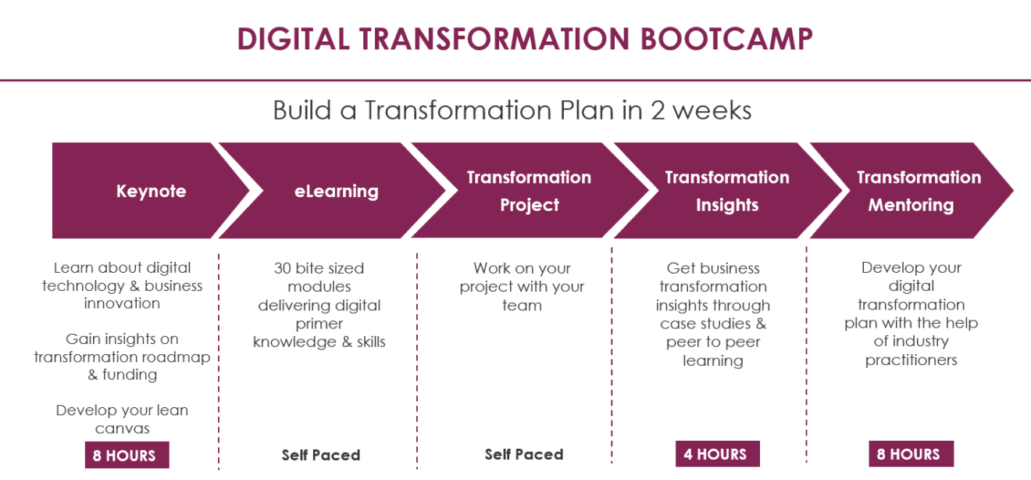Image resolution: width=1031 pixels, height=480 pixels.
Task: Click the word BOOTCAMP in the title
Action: pos(726,38)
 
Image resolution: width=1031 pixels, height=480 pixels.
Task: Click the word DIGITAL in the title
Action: pos(294,38)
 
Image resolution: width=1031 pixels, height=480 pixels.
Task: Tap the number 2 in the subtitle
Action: pos(658,111)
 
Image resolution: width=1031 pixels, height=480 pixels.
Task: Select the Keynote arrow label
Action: pos(151,192)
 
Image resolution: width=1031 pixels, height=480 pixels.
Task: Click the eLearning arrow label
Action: pos(337,192)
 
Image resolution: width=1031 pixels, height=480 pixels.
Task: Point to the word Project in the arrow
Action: pos(530,206)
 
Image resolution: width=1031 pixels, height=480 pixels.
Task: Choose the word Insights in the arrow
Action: pos(727,206)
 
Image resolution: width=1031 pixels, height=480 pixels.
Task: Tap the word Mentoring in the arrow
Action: pos(911,206)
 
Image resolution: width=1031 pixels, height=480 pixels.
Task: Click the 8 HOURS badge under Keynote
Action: pos(127,455)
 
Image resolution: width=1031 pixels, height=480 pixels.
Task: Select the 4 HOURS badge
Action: pos(718,454)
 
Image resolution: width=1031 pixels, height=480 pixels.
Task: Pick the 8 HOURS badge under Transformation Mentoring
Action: pos(911,454)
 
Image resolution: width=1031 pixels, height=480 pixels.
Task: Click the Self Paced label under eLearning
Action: pos(321,455)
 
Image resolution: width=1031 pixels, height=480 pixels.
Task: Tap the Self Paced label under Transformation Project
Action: pos(524,455)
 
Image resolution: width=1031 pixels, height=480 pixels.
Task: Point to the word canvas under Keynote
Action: pos(123,429)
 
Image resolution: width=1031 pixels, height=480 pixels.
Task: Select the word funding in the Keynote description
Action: pos(130,375)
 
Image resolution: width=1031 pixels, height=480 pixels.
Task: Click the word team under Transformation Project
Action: pos(522,306)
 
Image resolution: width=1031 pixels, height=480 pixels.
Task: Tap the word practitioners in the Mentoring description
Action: pos(911,360)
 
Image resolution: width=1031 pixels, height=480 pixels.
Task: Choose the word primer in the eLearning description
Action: pos(319,324)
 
